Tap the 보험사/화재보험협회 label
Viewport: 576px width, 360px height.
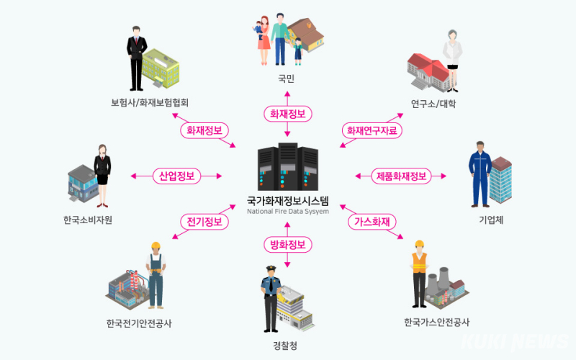coord(150,102)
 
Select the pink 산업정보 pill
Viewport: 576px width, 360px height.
coord(177,176)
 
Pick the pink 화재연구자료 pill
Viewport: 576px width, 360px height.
coord(371,130)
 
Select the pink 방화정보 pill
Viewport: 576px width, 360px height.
coord(287,245)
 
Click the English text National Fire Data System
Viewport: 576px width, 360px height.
coord(287,212)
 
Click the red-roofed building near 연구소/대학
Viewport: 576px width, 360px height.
coord(428,72)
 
